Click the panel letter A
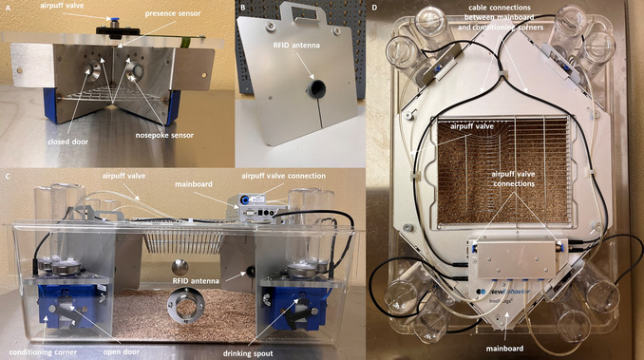pos(9,8)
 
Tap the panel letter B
pos(243,8)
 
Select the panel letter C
pos(8,176)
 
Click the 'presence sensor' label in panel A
pos(173,13)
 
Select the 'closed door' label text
pos(67,142)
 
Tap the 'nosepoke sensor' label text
pos(164,135)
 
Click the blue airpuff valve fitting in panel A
pos(109,19)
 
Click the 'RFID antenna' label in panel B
pos(296,46)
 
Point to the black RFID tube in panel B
pos(316,88)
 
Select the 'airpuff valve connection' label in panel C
pos(283,176)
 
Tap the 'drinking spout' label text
pos(248,353)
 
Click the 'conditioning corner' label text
pos(43,352)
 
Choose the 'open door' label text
pos(122,351)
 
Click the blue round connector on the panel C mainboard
pos(245,199)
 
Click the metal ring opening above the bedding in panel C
pos(186,305)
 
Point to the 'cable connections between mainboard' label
pos(499,12)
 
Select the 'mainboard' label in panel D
pos(504,349)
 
